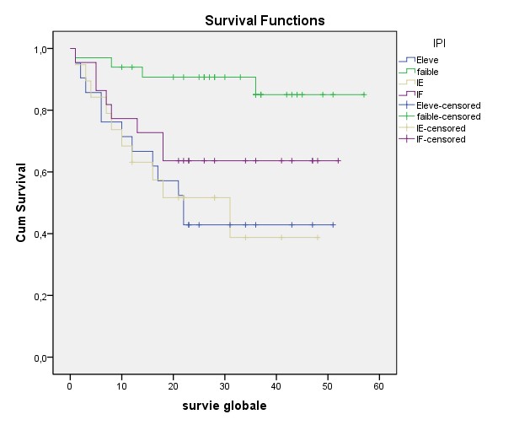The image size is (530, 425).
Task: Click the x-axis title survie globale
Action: pos(225,406)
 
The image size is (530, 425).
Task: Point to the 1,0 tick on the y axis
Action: pos(41,49)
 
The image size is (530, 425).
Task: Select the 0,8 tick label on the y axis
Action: pos(41,111)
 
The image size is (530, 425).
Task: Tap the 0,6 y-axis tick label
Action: pos(41,173)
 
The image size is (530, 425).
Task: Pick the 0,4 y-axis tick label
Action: pos(41,234)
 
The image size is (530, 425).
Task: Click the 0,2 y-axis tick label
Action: pos(41,296)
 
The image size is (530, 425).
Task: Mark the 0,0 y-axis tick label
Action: pos(41,358)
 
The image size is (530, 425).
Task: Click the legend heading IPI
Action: pos(438,42)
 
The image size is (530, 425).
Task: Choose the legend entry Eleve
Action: pos(427,61)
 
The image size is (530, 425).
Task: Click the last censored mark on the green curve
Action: pos(364,95)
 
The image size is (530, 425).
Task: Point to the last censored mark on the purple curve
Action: pos(338,160)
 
